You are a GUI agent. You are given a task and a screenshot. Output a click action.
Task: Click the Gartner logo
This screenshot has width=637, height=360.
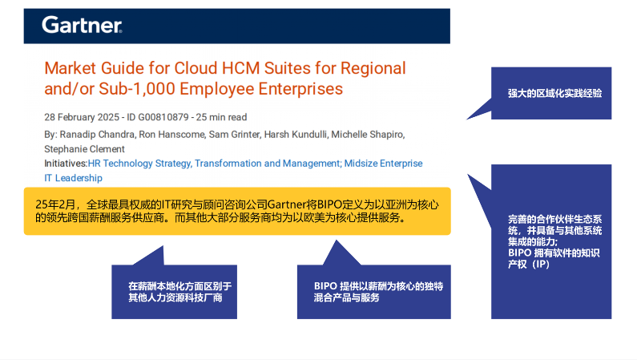click(x=82, y=25)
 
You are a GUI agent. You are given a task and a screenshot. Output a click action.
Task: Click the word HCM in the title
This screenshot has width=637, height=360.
click(x=240, y=68)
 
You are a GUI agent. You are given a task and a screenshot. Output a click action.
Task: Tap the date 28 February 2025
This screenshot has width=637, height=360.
click(x=82, y=117)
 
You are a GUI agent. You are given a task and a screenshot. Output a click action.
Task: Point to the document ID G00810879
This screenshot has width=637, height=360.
click(x=163, y=117)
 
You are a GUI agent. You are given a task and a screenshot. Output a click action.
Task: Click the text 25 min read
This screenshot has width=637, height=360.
click(x=221, y=117)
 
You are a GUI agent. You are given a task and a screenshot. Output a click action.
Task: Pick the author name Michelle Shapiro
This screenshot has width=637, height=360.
click(x=368, y=135)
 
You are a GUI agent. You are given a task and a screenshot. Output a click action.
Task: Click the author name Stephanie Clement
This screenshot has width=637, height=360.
click(x=84, y=149)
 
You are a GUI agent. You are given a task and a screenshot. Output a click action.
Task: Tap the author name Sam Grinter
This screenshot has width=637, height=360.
click(x=235, y=135)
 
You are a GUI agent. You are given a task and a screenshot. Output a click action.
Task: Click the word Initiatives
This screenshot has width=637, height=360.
click(x=65, y=164)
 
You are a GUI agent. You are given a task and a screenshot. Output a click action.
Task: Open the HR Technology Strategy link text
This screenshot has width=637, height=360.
click(x=139, y=164)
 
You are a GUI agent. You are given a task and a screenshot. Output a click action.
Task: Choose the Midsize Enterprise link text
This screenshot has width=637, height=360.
click(x=384, y=164)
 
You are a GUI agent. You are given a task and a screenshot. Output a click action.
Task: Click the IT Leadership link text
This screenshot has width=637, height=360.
click(x=73, y=178)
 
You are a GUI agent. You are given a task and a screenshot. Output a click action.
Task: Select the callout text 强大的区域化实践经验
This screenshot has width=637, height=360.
click(x=555, y=94)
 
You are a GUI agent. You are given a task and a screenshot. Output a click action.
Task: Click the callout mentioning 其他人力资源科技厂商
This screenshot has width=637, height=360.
click(x=175, y=291)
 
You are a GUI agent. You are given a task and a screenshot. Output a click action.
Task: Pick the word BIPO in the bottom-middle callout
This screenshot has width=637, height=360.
click(x=325, y=286)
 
